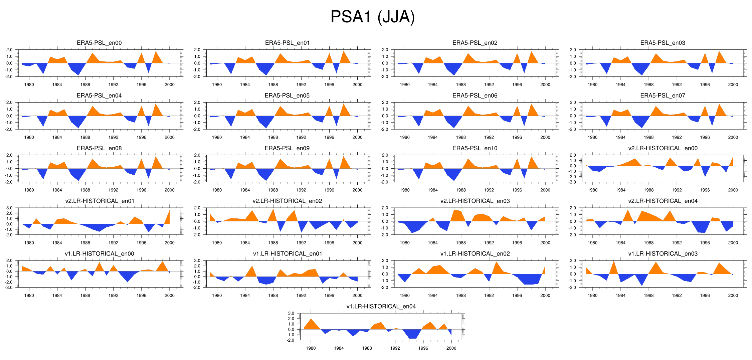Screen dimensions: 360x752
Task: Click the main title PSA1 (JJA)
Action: click(372, 17)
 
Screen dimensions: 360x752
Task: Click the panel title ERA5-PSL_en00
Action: click(99, 43)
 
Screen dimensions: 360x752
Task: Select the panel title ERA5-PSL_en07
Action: click(663, 96)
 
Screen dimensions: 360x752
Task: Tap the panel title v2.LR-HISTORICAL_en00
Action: click(663, 148)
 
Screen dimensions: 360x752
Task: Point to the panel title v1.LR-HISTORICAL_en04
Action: click(381, 306)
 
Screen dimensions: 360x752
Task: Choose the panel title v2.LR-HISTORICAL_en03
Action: click(475, 201)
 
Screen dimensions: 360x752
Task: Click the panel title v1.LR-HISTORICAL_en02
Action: click(475, 254)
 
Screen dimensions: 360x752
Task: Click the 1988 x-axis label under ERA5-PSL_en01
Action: click(273, 85)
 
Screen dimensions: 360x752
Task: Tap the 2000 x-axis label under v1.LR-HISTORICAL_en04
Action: click(451, 348)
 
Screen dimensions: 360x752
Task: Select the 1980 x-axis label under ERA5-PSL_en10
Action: click(404, 190)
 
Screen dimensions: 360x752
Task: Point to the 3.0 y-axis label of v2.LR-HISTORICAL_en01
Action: click(9, 208)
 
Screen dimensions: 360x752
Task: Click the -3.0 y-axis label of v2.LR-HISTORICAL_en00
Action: click(573, 182)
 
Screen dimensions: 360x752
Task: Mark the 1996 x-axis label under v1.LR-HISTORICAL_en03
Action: click(705, 296)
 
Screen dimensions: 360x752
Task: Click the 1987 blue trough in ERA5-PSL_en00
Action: click(78, 71)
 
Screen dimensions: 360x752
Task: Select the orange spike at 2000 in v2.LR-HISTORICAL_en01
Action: click(169, 217)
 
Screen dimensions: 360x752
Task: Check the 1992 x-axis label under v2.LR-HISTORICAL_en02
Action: click(301, 243)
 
